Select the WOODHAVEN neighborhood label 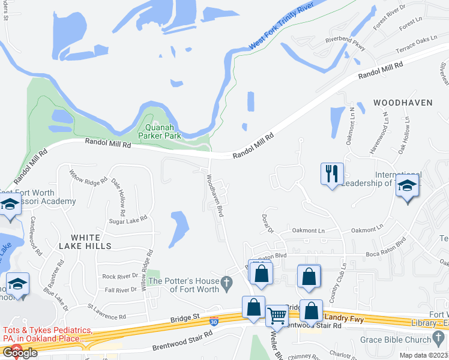[x=403, y=103]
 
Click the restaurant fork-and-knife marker [x=332, y=175]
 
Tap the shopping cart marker [x=277, y=314]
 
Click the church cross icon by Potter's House [x=226, y=281]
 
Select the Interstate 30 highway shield [x=214, y=322]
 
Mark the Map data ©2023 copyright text [x=423, y=355]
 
